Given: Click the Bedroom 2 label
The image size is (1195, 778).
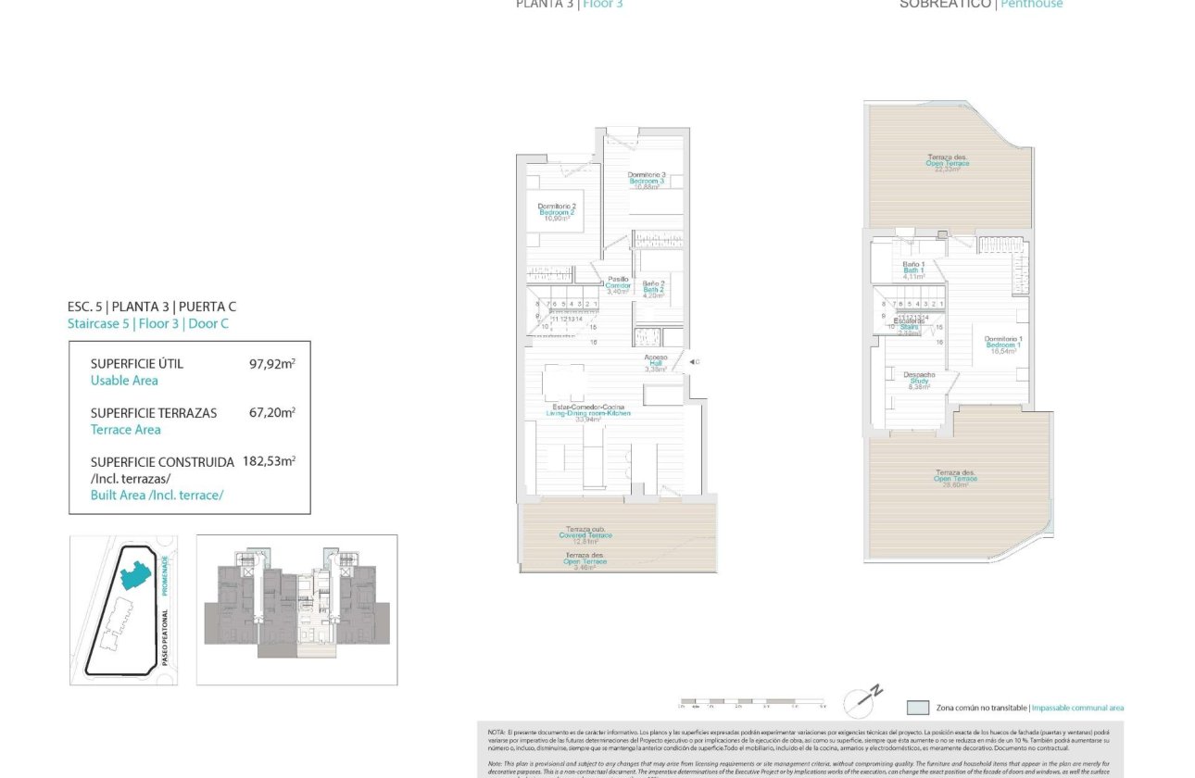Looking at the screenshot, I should pyautogui.click(x=558, y=212).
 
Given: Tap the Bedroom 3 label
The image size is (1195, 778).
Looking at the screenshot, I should pyautogui.click(x=646, y=181).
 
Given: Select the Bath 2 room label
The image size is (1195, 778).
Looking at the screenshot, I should pyautogui.click(x=655, y=289).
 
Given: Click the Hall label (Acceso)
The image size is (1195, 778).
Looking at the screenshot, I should pyautogui.click(x=656, y=362).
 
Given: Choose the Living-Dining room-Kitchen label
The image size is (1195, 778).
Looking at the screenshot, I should pyautogui.click(x=588, y=413).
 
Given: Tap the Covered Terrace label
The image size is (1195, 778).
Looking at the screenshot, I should pyautogui.click(x=586, y=534).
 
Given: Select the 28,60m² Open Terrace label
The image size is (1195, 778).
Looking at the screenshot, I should pyautogui.click(x=955, y=478).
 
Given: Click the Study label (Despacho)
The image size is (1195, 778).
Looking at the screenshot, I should pyautogui.click(x=919, y=381).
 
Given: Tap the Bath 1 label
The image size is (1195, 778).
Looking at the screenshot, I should pyautogui.click(x=913, y=270).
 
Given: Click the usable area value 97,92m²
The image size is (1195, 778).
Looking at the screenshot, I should pyautogui.click(x=271, y=364).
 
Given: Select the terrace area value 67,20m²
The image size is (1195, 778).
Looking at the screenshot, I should pyautogui.click(x=271, y=413).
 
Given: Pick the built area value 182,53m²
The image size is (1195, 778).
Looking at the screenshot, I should pyautogui.click(x=269, y=461).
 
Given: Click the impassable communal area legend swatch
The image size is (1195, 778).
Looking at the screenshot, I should pyautogui.click(x=917, y=708).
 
